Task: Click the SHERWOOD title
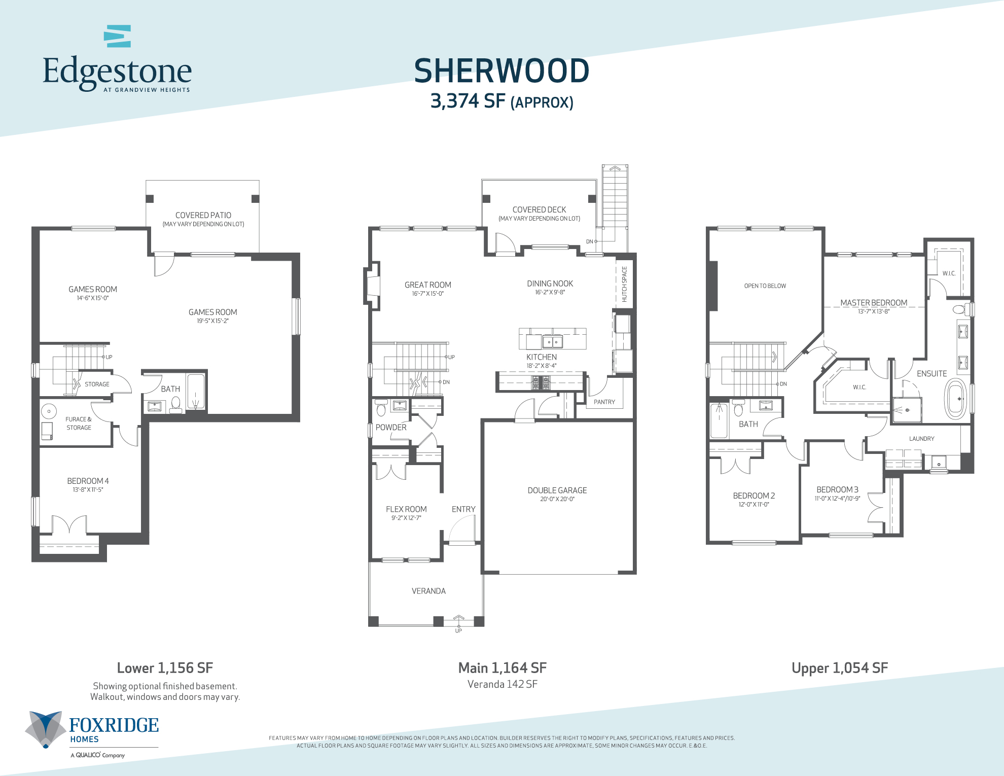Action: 501,71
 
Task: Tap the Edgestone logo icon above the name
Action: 118,36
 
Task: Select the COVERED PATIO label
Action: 203,216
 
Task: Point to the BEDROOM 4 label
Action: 88,481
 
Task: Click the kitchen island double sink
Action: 552,342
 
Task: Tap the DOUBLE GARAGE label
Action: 557,490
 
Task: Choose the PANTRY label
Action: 604,402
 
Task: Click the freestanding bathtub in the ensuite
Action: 955,399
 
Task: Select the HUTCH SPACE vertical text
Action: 624,284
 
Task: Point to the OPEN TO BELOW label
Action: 765,286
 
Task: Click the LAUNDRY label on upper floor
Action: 921,439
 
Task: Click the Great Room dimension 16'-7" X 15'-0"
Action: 427,294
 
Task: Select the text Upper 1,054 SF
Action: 839,668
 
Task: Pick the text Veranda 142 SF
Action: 502,684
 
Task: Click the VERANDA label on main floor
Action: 428,591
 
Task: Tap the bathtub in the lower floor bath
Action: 195,392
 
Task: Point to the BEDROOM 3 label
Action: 837,489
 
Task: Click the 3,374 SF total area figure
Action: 467,101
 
